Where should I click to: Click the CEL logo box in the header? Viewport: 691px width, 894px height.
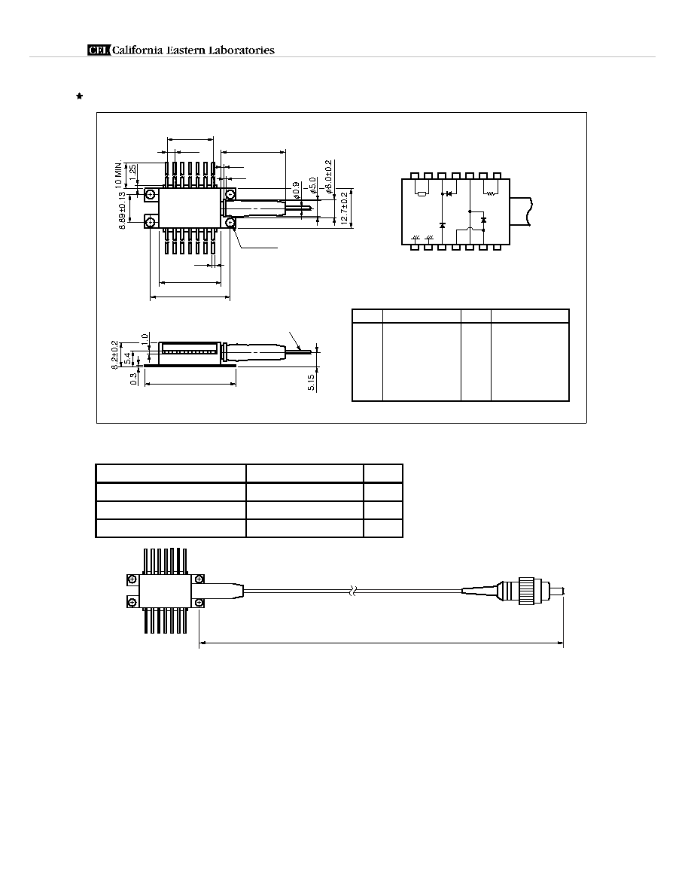click(99, 50)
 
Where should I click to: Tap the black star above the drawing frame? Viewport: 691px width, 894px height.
click(79, 96)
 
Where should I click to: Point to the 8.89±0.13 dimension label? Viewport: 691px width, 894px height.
click(122, 211)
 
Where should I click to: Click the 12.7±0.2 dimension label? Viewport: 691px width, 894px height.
click(344, 208)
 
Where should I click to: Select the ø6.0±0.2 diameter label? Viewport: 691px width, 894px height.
click(328, 177)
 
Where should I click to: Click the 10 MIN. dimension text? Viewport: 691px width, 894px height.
click(119, 175)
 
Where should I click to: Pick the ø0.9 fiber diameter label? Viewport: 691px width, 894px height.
click(296, 191)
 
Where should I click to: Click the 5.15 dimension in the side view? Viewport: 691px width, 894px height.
click(312, 382)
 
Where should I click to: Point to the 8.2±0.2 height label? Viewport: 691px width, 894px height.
click(114, 355)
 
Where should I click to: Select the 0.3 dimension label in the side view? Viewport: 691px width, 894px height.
click(133, 379)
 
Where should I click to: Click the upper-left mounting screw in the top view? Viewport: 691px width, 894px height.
click(150, 195)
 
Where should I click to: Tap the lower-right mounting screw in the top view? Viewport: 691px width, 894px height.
click(230, 222)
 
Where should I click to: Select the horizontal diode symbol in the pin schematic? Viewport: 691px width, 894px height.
click(449, 194)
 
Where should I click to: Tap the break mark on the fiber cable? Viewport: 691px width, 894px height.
click(354, 591)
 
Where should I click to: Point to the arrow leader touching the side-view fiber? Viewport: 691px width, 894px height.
click(295, 340)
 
